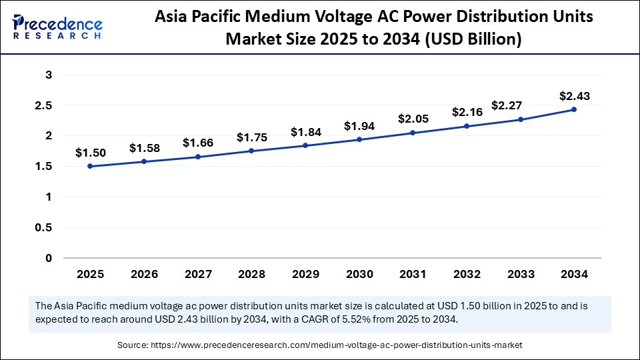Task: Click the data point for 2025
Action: [90, 166]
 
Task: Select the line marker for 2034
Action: [574, 109]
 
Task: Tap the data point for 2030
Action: [359, 139]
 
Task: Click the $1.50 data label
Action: [90, 153]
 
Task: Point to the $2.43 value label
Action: [574, 97]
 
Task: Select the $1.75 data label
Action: [251, 137]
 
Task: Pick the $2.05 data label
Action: [413, 119]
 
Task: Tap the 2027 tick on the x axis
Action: [197, 274]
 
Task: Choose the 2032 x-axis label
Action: [467, 274]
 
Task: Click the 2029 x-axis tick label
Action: [305, 274]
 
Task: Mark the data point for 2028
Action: [251, 151]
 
